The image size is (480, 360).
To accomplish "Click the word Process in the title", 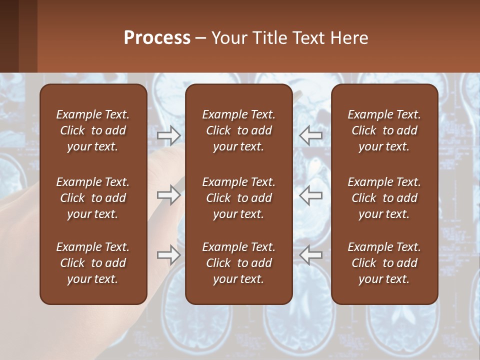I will point(157,38).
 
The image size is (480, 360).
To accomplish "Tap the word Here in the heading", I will point(349,38).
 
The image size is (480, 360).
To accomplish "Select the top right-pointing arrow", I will point(169,134).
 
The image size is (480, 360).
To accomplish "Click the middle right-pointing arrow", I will point(169,195).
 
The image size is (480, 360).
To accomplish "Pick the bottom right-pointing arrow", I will point(169,255).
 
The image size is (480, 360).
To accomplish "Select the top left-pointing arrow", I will point(311,134).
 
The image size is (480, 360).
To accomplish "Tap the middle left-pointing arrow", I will point(311,195).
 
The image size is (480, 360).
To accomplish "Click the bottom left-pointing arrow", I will point(311,255).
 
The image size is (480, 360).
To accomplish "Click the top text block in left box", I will point(93,130).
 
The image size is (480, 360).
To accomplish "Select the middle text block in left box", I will point(93,198).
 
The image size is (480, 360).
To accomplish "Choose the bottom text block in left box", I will point(93,263).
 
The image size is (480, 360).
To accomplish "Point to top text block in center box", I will point(238,130).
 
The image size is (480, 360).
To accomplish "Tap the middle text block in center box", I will point(238,198).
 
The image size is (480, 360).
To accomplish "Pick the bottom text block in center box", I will point(238,263).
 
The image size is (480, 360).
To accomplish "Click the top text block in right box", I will point(384,130).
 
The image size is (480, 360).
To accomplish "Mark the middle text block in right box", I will point(384,198).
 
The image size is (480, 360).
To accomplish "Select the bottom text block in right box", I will point(384,263).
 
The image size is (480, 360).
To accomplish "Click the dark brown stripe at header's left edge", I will point(9,36).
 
